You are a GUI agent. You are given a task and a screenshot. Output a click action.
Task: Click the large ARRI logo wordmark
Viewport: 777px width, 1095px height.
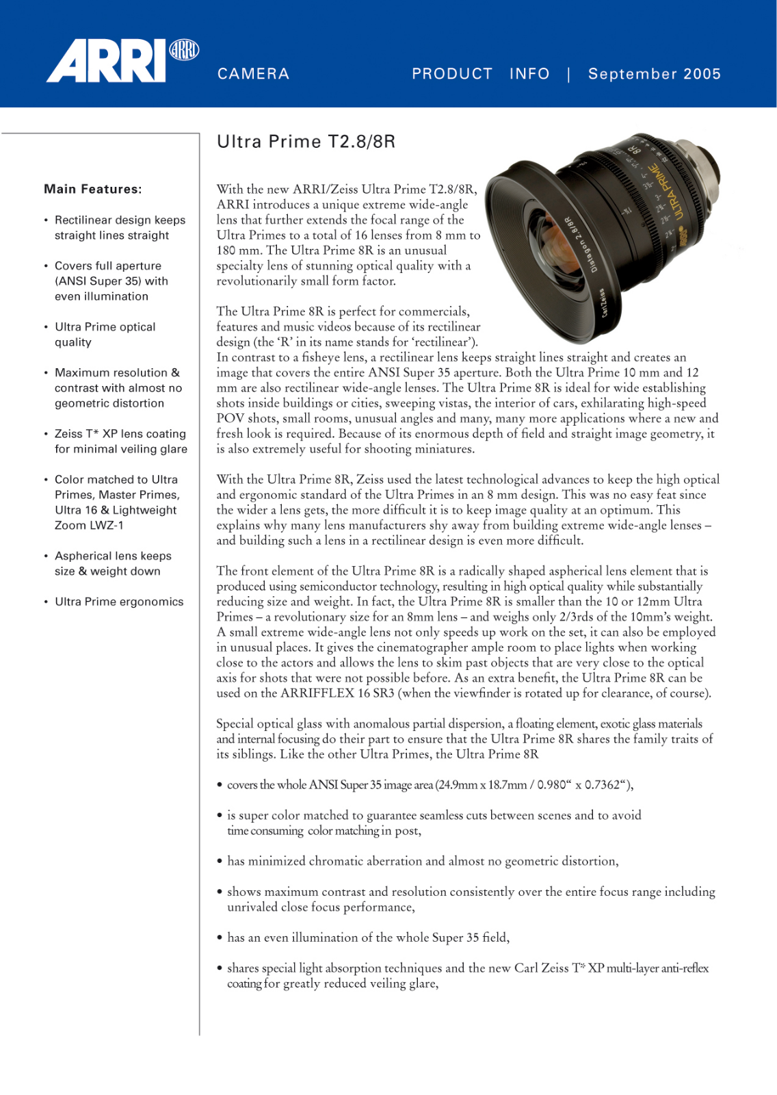pyautogui.click(x=106, y=62)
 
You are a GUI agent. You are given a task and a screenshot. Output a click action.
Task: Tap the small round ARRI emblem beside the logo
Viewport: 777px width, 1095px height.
pyautogui.click(x=184, y=50)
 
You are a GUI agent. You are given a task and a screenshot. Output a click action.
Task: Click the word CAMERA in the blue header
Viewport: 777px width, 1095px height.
pyautogui.click(x=253, y=74)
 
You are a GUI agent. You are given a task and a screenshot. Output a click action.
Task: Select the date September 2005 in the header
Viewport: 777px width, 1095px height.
pyautogui.click(x=654, y=74)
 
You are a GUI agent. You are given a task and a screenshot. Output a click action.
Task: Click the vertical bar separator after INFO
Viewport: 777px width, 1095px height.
pyautogui.click(x=568, y=74)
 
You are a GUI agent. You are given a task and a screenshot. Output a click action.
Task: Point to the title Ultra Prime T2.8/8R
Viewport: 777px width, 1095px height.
pyautogui.click(x=306, y=142)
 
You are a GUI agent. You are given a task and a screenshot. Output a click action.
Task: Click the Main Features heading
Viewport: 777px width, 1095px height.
pyautogui.click(x=93, y=189)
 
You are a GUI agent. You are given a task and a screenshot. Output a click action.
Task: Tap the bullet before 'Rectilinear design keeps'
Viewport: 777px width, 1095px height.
pyautogui.click(x=46, y=220)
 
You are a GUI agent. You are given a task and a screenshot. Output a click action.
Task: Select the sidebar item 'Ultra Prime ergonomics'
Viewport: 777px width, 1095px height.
pyautogui.click(x=119, y=602)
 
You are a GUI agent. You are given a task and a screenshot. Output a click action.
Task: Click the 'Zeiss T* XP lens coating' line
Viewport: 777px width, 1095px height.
pyautogui.click(x=120, y=434)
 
